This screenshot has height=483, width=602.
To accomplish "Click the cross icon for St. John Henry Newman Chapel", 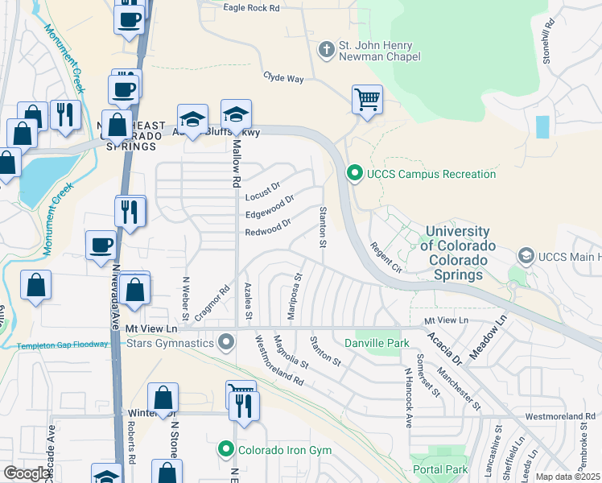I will [x=326, y=50].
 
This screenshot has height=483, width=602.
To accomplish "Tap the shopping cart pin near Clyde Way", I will [x=367, y=101].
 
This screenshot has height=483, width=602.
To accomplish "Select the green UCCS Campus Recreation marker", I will [x=353, y=173].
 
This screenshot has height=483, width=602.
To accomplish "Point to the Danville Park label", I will [x=372, y=344].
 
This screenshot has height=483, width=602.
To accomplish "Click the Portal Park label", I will [x=439, y=469].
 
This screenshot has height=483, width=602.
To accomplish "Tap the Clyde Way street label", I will [x=283, y=78].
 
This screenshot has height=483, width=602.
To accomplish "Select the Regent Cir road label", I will [x=385, y=257].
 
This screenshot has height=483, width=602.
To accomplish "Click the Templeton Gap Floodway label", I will [x=61, y=346].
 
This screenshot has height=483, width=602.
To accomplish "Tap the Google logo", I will [x=27, y=473].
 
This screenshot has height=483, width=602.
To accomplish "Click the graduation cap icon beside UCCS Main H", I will [x=526, y=257].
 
